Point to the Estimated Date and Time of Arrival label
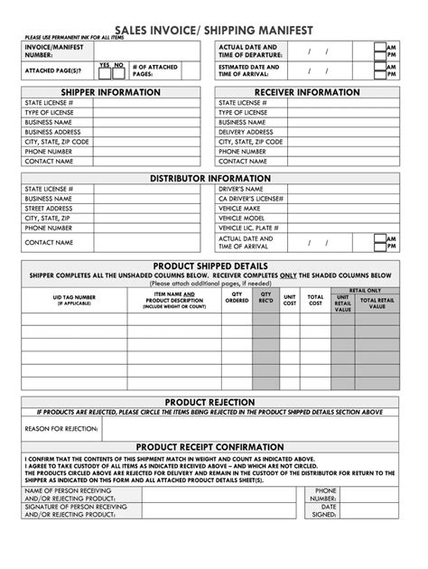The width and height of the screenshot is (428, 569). click(249, 70)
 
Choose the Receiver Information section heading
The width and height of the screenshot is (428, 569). click(306, 92)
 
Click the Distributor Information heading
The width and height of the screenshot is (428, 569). click(209, 178)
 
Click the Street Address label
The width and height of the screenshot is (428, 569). click(49, 209)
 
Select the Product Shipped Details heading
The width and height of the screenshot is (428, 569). click(209, 265)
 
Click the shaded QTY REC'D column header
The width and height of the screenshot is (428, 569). click(265, 298)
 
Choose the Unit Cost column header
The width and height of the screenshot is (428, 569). click(290, 299)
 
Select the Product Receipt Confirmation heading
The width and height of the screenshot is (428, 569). click(209, 446)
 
